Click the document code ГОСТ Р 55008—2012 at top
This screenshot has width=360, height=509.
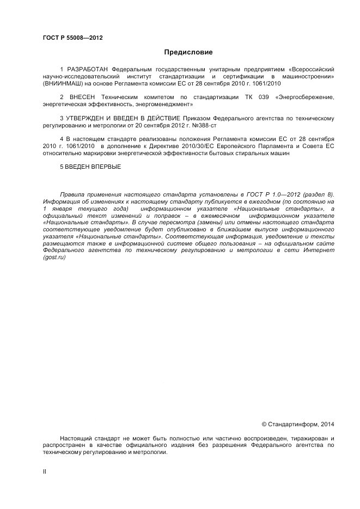click(x=73, y=38)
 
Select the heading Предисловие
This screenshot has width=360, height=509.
click(x=188, y=52)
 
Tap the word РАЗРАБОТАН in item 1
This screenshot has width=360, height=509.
click(x=88, y=70)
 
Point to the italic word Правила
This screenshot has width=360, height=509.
click(x=72, y=194)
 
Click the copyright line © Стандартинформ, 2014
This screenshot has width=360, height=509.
click(x=298, y=424)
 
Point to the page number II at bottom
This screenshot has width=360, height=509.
click(x=44, y=472)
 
